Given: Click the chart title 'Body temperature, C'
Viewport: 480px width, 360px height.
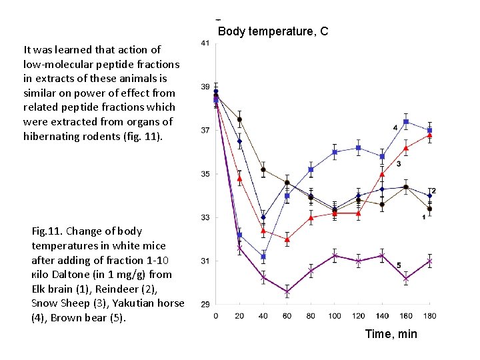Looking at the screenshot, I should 273,31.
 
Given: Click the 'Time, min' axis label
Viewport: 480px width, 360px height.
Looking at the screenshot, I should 391,333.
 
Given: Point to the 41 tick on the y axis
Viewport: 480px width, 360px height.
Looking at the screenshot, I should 205,43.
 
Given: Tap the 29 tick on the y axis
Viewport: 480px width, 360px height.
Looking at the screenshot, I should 205,304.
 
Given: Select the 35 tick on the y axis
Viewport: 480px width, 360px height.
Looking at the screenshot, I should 205,174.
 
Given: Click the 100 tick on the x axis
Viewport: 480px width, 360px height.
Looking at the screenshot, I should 335,315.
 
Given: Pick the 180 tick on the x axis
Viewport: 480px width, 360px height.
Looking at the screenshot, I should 430,315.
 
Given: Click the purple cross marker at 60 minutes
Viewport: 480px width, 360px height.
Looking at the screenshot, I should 287,292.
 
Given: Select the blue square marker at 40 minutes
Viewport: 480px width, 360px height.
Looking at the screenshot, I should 263,257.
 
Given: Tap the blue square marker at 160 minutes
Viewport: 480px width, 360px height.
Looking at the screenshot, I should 406,122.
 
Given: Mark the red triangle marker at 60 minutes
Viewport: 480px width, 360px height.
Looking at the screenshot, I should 287,239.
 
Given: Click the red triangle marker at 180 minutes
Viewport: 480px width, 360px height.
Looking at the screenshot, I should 430,135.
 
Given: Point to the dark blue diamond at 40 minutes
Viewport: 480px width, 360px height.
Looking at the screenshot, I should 263,217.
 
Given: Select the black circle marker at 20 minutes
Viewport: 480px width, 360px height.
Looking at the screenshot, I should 239,119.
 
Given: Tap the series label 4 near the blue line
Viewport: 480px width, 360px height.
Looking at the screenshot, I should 395,127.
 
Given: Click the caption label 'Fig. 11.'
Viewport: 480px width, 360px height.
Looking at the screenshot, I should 47,231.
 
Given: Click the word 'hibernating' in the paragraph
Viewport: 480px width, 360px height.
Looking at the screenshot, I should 51,136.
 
